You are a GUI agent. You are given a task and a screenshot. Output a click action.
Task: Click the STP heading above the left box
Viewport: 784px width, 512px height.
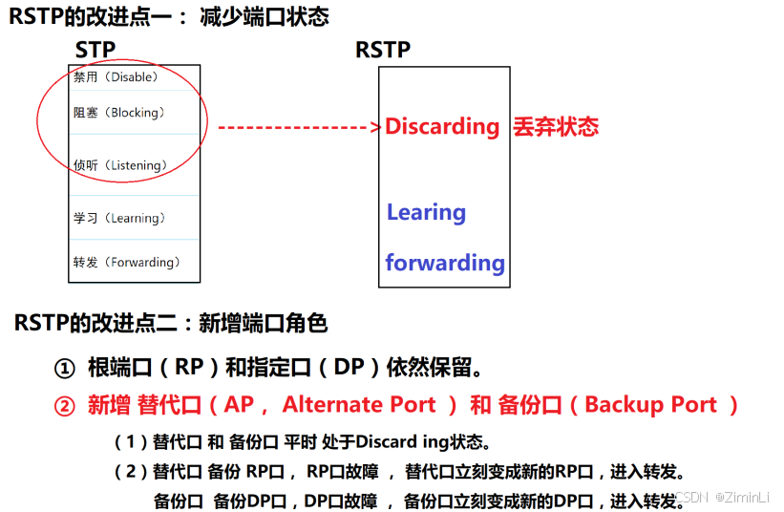[95, 50]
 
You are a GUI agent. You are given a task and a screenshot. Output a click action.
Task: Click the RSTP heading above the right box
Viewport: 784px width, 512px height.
[383, 50]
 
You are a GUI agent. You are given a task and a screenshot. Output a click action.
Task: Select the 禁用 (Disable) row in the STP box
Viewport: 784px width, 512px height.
[116, 76]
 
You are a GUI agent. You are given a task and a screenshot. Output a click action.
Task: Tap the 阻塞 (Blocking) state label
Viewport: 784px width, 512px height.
[119, 113]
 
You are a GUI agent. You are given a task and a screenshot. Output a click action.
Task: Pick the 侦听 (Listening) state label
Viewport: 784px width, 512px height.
[120, 165]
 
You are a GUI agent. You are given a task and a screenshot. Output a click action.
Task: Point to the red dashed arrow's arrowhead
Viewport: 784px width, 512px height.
[376, 127]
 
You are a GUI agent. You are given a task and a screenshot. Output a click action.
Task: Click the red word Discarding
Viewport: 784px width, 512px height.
[442, 126]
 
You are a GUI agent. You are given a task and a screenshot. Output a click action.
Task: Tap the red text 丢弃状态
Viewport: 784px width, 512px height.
[556, 126]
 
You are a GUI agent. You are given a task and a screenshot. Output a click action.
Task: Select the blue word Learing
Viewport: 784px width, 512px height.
[426, 212]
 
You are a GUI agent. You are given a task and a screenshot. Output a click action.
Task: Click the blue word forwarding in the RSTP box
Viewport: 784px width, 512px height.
[445, 262]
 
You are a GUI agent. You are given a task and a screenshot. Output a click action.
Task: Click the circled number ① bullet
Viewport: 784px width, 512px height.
[64, 368]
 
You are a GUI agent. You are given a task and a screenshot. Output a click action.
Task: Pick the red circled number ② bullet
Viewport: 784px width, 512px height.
[64, 405]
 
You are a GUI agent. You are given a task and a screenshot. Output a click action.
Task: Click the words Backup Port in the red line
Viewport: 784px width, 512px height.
[650, 404]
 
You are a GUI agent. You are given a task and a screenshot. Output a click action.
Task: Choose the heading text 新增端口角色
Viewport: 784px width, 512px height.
[263, 323]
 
